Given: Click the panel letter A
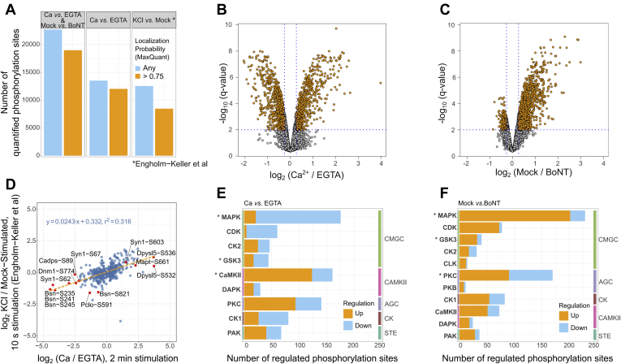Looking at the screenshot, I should coord(8,9).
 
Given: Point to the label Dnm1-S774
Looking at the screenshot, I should coord(57,271).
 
